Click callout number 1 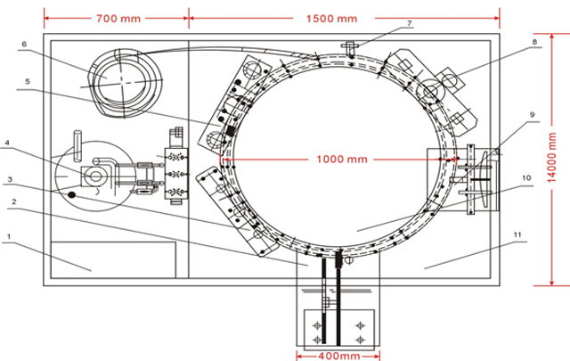[8, 237]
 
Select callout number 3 [8, 179]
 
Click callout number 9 [532, 114]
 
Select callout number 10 [527, 177]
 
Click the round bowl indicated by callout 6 [125, 78]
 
